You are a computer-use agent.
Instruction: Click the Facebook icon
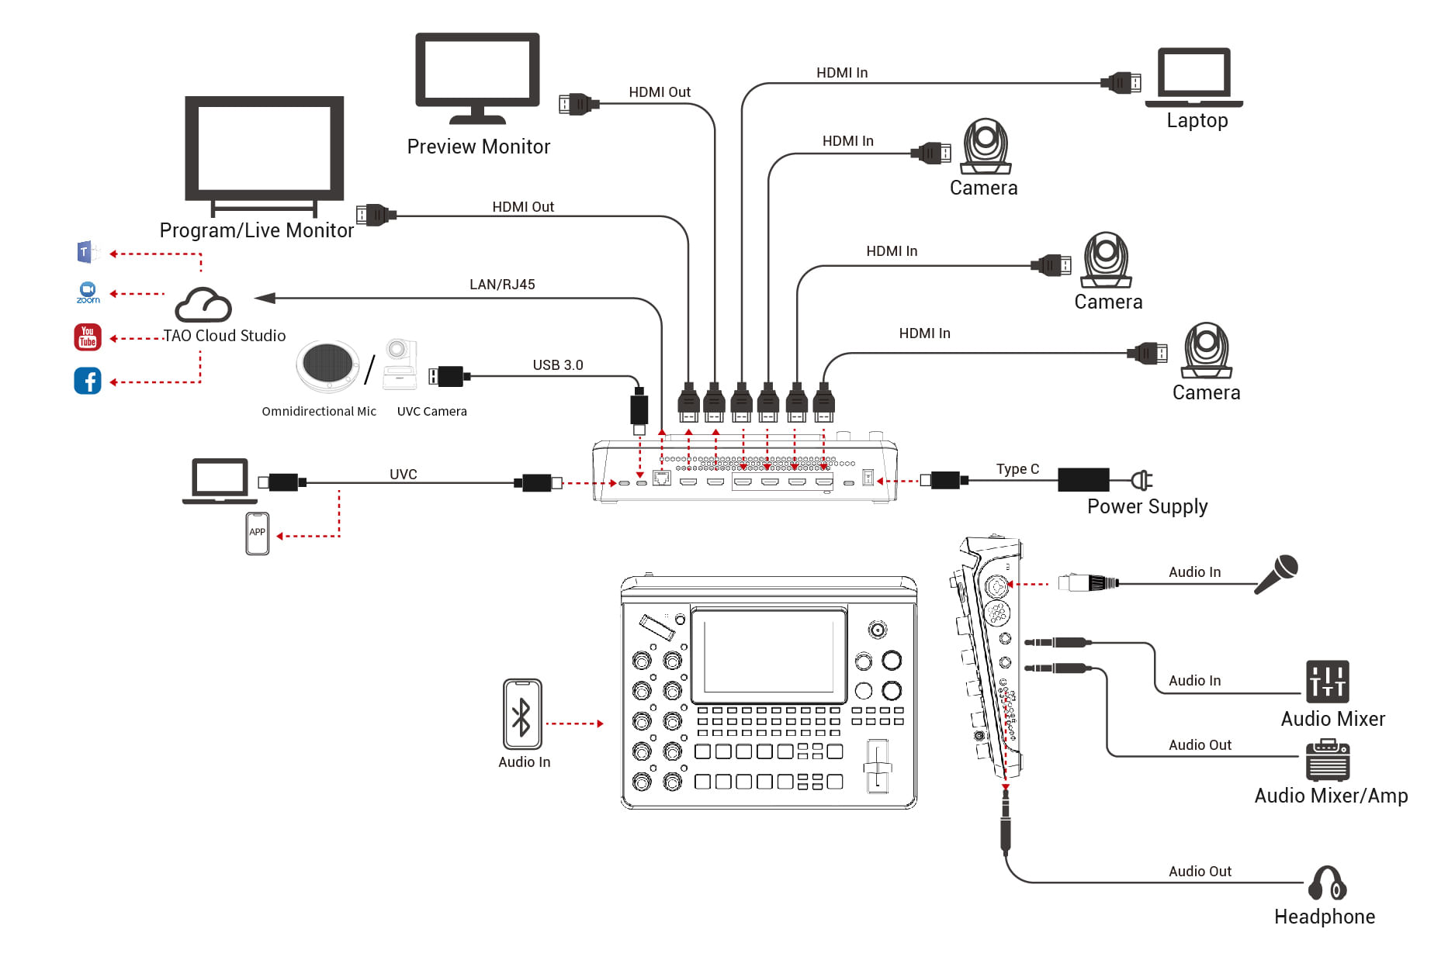coord(88,381)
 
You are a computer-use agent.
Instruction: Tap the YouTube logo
coord(88,337)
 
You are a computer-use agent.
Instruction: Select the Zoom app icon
coord(88,292)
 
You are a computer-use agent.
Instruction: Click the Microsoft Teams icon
coord(86,252)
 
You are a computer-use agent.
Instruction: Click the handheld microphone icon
coord(1277,574)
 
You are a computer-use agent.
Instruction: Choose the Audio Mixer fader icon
coord(1327,682)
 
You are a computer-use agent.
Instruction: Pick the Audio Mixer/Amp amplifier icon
coord(1327,761)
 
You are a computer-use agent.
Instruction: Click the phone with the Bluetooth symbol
coord(522,714)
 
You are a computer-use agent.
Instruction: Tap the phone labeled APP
coord(258,534)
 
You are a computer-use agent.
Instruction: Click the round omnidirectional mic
coord(327,364)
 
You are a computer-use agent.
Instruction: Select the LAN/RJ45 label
coord(502,285)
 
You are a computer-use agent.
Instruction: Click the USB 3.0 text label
coord(557,365)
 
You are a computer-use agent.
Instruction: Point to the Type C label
coord(1017,469)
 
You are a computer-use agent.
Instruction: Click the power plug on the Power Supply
coord(1141,481)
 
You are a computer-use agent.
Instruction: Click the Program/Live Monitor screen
coord(264,148)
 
